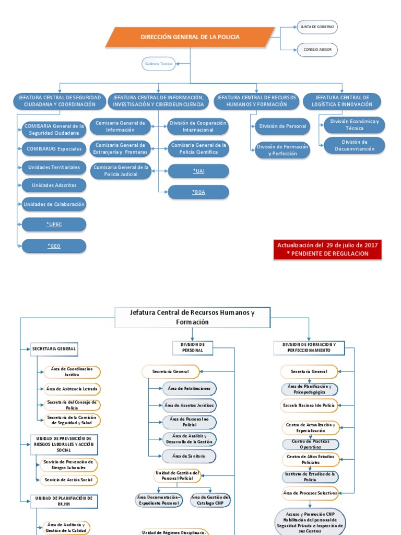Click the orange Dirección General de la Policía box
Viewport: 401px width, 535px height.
pyautogui.click(x=190, y=37)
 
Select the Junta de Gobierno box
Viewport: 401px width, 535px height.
pyautogui.click(x=317, y=27)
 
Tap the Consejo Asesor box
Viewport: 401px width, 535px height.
pyautogui.click(x=317, y=50)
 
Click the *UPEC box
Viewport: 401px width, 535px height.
pyautogui.click(x=54, y=225)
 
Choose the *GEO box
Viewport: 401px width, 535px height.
pyautogui.click(x=54, y=246)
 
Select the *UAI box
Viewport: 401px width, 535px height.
pyautogui.click(x=198, y=171)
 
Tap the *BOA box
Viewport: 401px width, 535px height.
pyautogui.click(x=198, y=192)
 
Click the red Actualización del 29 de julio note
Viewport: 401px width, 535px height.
pyautogui.click(x=328, y=249)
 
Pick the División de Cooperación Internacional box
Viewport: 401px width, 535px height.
pyautogui.click(x=198, y=126)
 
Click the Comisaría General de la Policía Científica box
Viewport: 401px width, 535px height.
pyautogui.click(x=198, y=149)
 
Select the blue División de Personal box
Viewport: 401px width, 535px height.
pyautogui.click(x=282, y=126)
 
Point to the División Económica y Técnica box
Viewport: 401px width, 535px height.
pyautogui.click(x=355, y=124)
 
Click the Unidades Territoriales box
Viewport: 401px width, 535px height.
pyautogui.click(x=54, y=167)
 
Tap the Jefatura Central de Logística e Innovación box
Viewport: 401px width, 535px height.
pyautogui.click(x=343, y=101)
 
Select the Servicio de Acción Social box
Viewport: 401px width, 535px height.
pyautogui.click(x=68, y=480)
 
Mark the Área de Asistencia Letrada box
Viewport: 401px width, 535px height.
pyautogui.click(x=72, y=389)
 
